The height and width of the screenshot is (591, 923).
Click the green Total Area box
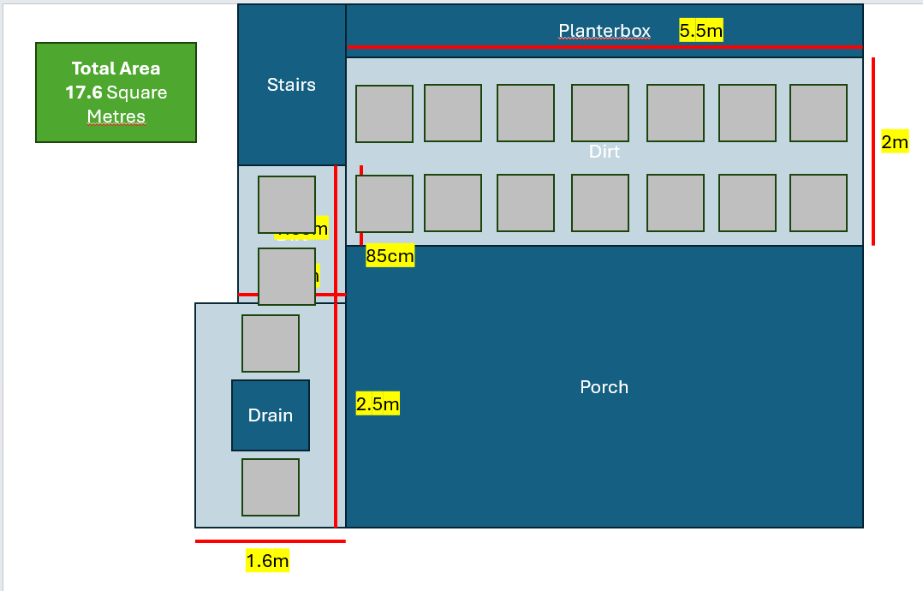click(x=116, y=92)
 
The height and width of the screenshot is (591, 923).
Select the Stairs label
click(x=291, y=85)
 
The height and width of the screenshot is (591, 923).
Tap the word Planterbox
click(x=604, y=32)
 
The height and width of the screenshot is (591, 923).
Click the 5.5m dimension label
click(x=701, y=32)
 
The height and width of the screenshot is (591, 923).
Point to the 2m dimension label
click(x=894, y=142)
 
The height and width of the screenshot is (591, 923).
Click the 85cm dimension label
click(x=390, y=255)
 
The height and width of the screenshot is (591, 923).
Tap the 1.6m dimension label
click(x=267, y=561)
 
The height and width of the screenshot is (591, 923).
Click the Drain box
click(x=271, y=415)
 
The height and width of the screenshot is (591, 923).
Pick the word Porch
click(x=604, y=387)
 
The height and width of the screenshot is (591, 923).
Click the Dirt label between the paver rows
click(x=604, y=152)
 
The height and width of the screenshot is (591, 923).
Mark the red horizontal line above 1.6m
click(x=270, y=541)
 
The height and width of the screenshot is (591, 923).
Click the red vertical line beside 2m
click(x=873, y=152)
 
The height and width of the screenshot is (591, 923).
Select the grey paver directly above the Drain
click(x=271, y=343)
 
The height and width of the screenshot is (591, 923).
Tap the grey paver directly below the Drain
click(x=271, y=487)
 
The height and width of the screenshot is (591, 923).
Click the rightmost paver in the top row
click(x=819, y=113)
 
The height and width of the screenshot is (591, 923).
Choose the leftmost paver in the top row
click(x=384, y=114)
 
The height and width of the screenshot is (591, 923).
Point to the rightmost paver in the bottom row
click(x=819, y=203)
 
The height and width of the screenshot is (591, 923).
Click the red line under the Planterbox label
click(x=604, y=47)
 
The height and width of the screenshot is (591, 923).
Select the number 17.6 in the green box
click(x=84, y=93)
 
